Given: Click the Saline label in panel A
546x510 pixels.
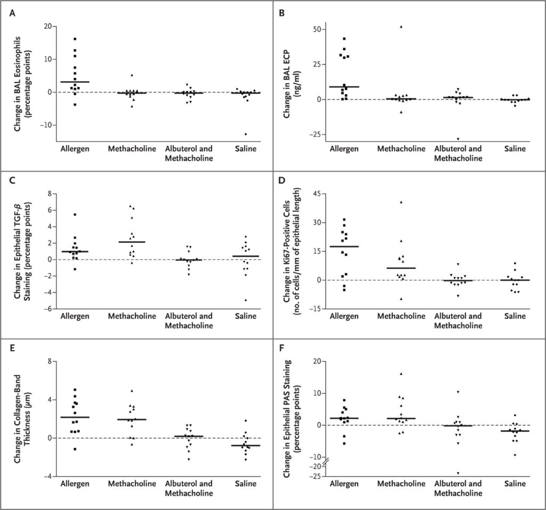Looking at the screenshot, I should pyautogui.click(x=246, y=149).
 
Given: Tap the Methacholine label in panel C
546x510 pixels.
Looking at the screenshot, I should pyautogui.click(x=132, y=316).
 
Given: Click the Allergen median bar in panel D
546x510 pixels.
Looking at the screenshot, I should pyautogui.click(x=344, y=246).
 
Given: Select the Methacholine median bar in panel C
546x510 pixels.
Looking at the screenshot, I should pyautogui.click(x=132, y=242).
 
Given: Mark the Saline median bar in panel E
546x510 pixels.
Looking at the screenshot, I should pyautogui.click(x=246, y=445).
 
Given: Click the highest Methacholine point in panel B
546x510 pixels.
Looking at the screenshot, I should pyautogui.click(x=401, y=27).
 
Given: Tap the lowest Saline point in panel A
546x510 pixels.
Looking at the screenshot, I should pyautogui.click(x=246, y=134).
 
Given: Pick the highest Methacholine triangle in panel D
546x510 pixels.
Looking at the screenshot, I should pyautogui.click(x=401, y=202).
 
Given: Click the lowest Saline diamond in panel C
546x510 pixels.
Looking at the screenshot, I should pyautogui.click(x=246, y=300).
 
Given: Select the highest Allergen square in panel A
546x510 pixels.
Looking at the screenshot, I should pyautogui.click(x=75, y=39).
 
